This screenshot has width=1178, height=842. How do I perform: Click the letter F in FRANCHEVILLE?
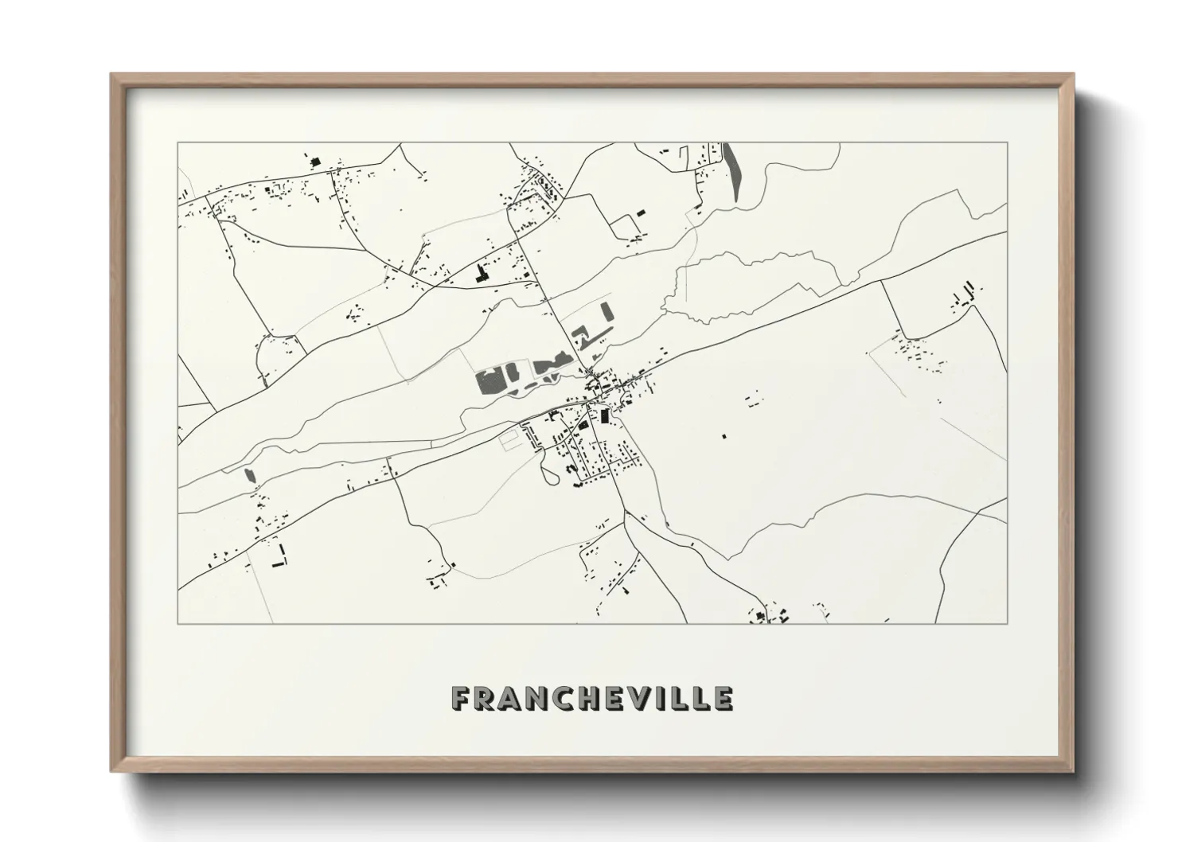point(461,698)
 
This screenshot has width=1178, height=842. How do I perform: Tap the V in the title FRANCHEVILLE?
point(629,698)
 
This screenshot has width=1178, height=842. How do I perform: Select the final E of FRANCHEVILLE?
point(723,698)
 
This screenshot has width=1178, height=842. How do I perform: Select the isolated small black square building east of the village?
point(724,436)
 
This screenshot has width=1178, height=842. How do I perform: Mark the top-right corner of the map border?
point(1007,142)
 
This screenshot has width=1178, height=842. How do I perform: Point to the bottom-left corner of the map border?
point(177,623)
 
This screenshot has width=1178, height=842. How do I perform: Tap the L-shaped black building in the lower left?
point(278,558)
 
